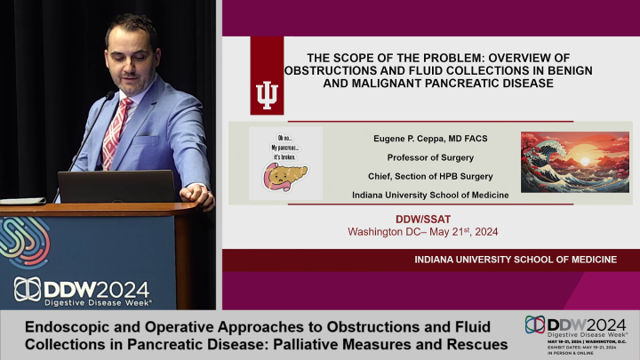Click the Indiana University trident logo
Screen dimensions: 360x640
tap(267, 93)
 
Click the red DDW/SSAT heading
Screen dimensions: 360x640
tap(423, 219)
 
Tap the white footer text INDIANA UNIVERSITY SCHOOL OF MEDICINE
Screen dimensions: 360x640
tap(516, 260)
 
